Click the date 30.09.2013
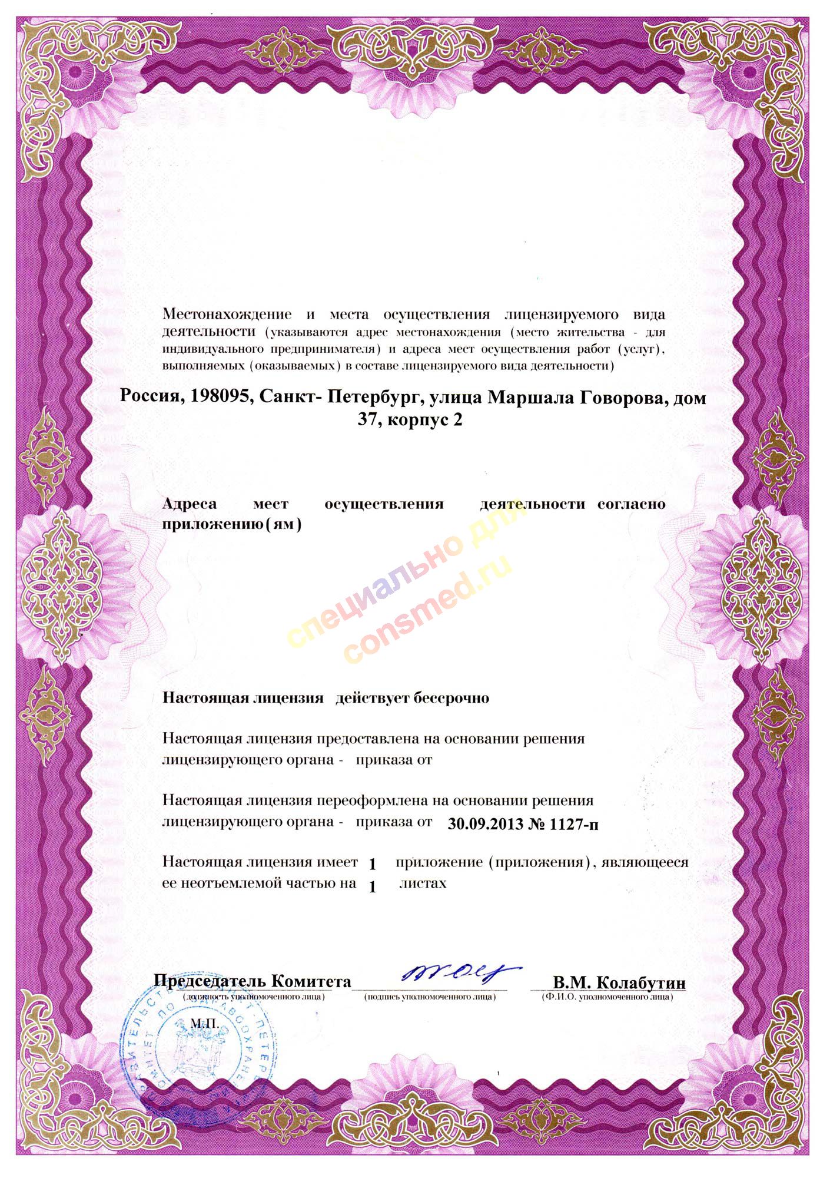[x=485, y=824]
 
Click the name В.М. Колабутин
[x=619, y=982]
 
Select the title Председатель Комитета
[x=253, y=981]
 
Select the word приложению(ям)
[x=231, y=523]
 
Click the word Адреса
[x=190, y=504]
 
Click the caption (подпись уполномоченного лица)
[x=430, y=997]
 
